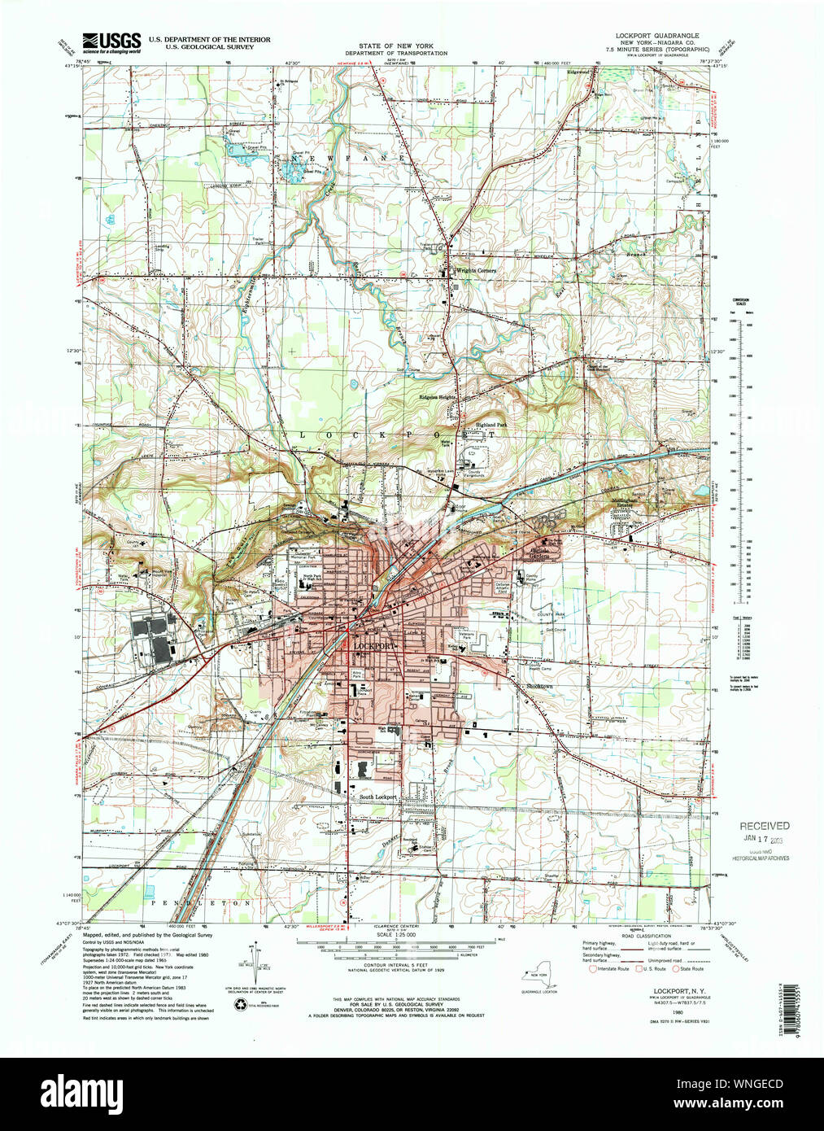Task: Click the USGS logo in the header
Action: pos(111,41)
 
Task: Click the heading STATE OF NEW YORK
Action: pos(403,46)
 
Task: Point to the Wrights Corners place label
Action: pos(475,270)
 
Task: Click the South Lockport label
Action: pos(377,797)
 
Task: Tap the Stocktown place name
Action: pos(539,687)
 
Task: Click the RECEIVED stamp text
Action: pos(763,826)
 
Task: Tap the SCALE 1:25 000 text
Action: pos(395,935)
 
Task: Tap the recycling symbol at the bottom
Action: pos(240,1005)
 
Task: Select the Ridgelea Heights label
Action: pos(437,397)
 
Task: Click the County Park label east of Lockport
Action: pos(550,615)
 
